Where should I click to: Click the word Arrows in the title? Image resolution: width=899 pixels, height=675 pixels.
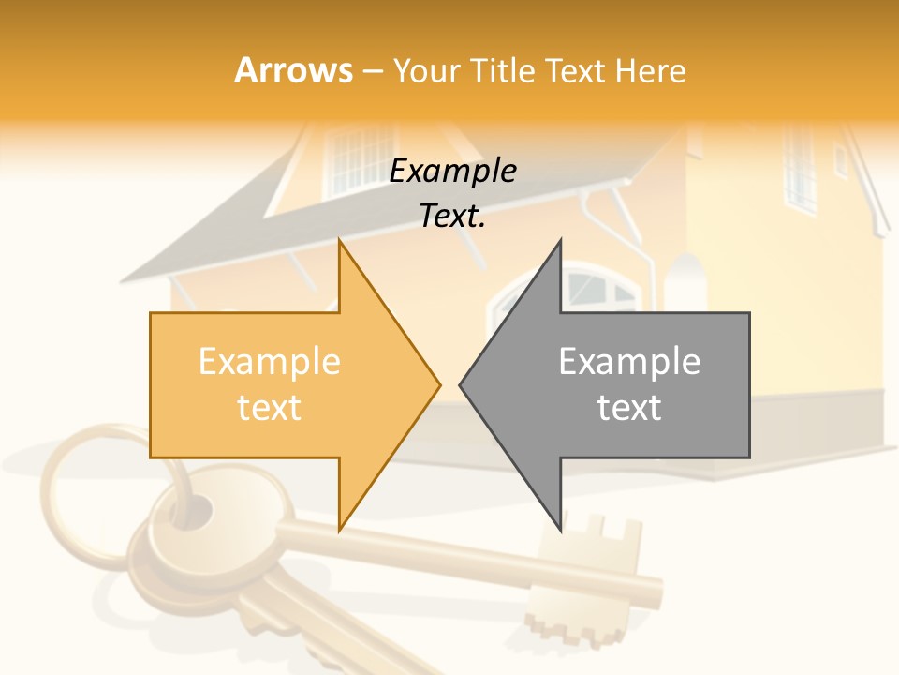(x=294, y=70)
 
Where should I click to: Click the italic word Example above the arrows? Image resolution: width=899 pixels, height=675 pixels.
(x=452, y=171)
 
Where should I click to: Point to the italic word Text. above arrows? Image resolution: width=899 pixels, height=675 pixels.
(x=452, y=216)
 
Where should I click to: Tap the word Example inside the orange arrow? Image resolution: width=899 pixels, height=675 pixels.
(x=270, y=361)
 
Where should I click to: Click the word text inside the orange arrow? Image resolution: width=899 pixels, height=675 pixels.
(x=270, y=407)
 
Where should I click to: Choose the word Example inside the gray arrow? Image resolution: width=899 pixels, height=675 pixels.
(x=629, y=361)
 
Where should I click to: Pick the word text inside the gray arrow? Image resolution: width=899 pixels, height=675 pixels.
(x=629, y=407)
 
